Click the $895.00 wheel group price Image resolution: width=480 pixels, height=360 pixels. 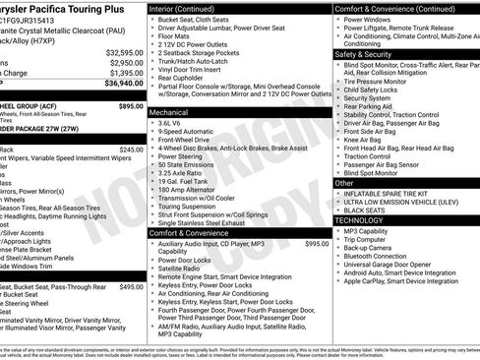click(130, 104)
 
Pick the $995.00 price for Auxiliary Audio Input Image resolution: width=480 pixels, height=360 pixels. click(317, 243)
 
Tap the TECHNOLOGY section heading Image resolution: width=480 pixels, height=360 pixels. click(362, 220)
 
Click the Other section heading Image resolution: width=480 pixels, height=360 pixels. click(345, 183)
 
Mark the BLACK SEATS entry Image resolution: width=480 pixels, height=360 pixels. click(365, 210)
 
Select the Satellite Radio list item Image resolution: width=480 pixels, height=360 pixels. click(179, 269)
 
